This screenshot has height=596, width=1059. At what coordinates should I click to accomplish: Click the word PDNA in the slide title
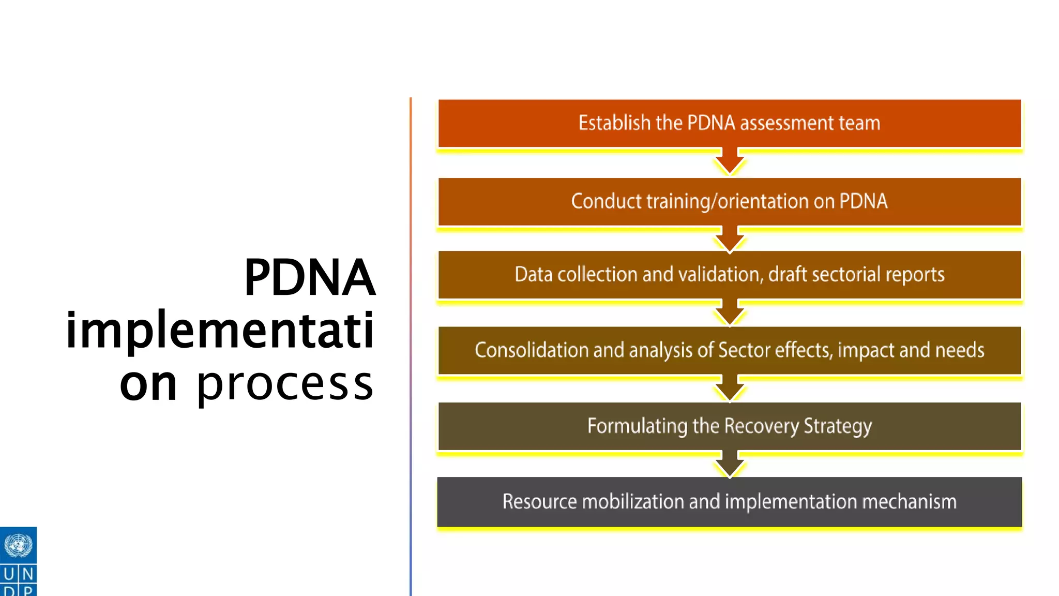pos(309,278)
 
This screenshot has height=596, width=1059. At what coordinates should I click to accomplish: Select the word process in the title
pos(285,385)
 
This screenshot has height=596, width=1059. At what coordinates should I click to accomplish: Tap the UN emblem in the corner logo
pos(18,545)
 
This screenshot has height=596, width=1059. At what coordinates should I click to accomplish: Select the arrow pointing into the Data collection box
pos(730,239)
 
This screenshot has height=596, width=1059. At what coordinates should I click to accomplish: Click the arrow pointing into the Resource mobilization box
pos(730,465)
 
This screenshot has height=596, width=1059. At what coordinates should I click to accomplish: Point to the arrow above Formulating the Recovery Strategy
pos(730,389)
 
